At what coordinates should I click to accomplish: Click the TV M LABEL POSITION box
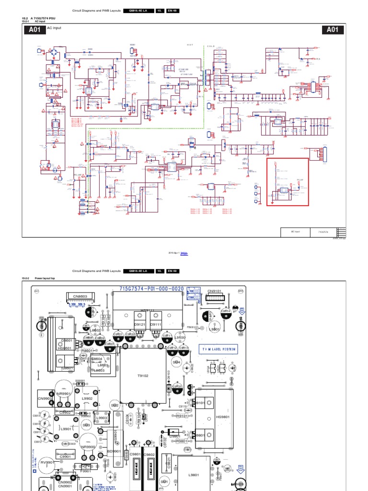pyautogui.click(x=219, y=350)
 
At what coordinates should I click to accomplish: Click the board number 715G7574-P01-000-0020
pyautogui.click(x=148, y=290)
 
